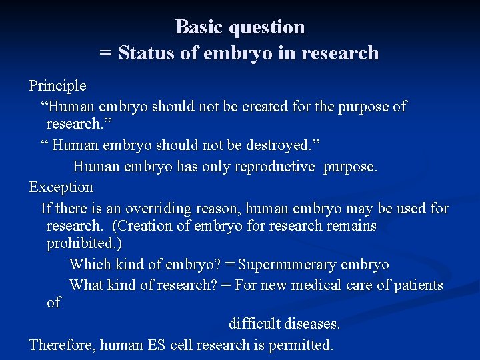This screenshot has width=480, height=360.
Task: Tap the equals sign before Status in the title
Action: point(105,54)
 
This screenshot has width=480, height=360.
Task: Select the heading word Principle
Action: point(57,86)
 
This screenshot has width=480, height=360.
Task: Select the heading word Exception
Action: point(61,187)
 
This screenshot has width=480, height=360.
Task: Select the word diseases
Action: point(311,324)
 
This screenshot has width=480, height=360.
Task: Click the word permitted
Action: point(301,345)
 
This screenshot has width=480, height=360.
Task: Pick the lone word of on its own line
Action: point(54,303)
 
